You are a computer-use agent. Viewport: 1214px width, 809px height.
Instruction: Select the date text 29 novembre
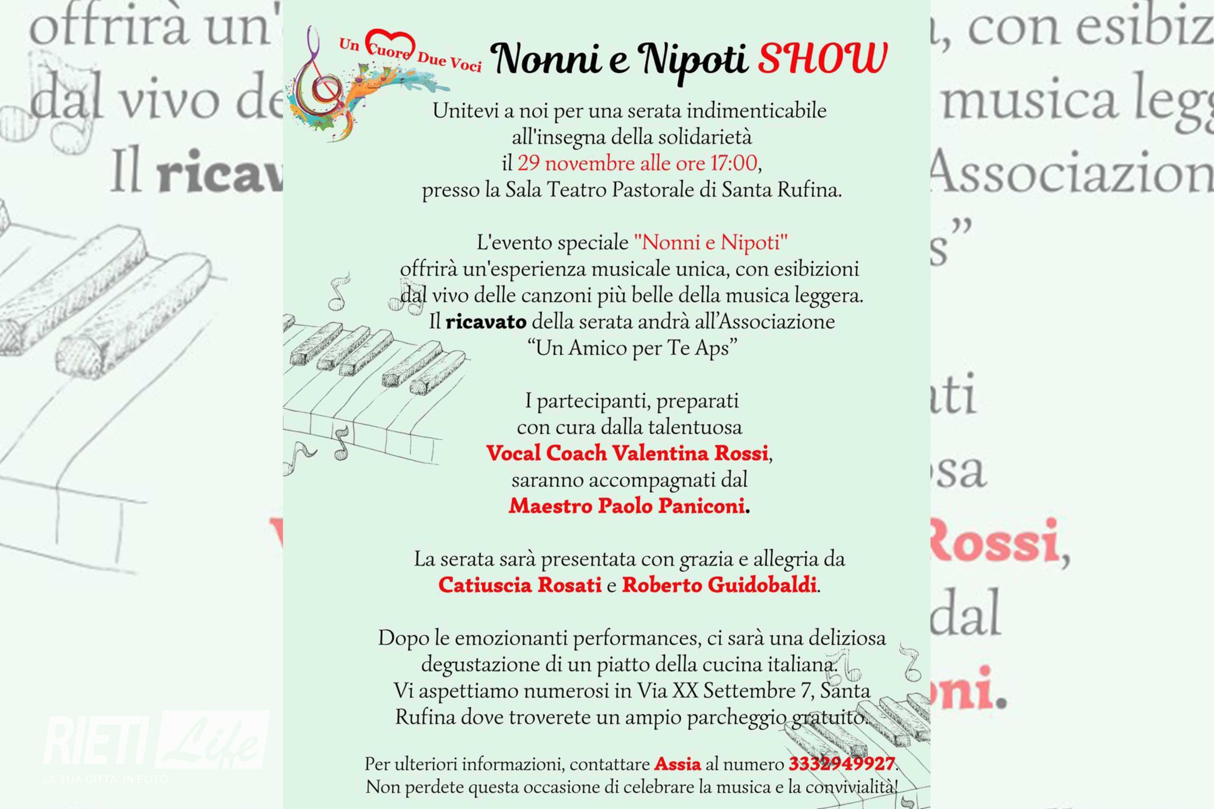click(577, 164)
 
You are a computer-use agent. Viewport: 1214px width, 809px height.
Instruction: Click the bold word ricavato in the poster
click(486, 322)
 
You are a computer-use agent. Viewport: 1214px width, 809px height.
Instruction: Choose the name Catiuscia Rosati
click(520, 585)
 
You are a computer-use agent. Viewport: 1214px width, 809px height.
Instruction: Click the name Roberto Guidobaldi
click(719, 585)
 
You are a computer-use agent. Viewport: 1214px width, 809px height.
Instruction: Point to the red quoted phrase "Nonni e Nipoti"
click(711, 243)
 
